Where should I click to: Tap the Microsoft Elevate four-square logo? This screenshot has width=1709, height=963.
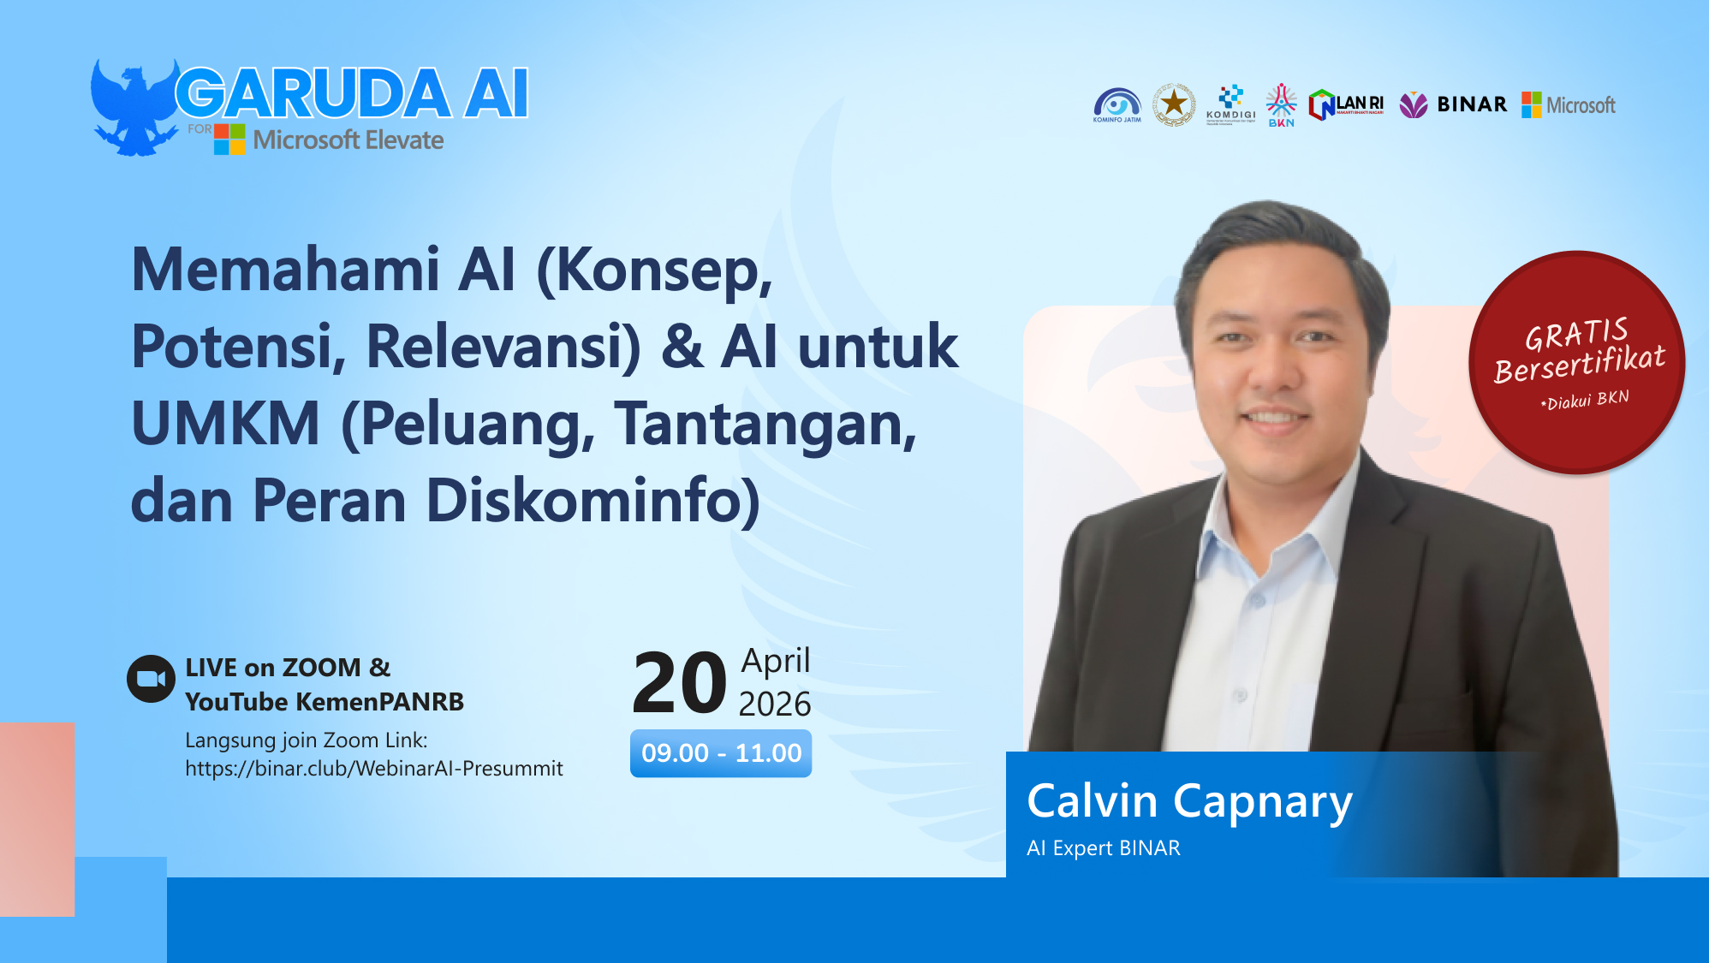229,140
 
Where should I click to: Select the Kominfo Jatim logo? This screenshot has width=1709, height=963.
1117,105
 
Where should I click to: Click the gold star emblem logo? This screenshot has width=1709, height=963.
1173,104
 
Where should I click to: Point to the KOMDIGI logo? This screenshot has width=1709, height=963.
1230,104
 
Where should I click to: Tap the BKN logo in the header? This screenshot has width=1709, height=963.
1281,105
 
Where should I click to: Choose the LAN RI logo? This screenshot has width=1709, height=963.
1346,105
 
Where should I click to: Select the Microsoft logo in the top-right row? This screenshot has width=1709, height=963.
1569,105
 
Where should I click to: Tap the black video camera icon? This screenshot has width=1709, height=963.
152,679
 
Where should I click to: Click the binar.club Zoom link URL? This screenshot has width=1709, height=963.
374,769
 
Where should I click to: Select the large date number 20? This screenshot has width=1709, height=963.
679,683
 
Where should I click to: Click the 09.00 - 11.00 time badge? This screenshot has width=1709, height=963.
721,753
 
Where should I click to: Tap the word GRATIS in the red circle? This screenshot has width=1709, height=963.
1576,334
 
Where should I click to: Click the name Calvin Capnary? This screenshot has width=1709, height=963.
1189,802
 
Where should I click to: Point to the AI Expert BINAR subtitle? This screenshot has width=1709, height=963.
1103,848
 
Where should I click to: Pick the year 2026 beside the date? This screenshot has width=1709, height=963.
774,704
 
